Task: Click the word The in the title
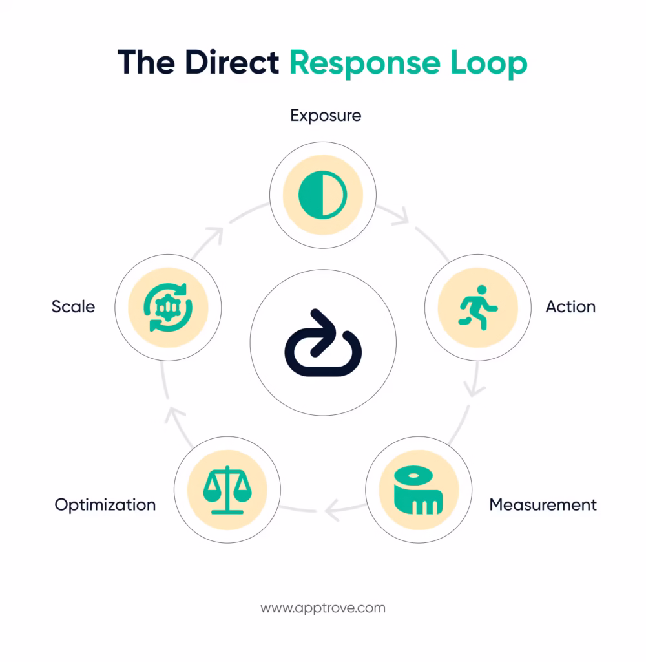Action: pyautogui.click(x=146, y=63)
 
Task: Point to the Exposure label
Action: pyautogui.click(x=326, y=116)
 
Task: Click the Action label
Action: pyautogui.click(x=570, y=306)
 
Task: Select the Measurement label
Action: pyautogui.click(x=543, y=504)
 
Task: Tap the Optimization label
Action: pyautogui.click(x=105, y=504)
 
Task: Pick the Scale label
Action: pyautogui.click(x=73, y=306)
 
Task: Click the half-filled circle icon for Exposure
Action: pyautogui.click(x=323, y=194)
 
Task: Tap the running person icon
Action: pyautogui.click(x=478, y=306)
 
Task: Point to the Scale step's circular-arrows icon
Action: pyautogui.click(x=168, y=306)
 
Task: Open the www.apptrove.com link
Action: pyautogui.click(x=323, y=608)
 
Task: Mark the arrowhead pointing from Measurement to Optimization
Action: pyautogui.click(x=332, y=511)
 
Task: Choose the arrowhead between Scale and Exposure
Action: pyautogui.click(x=216, y=234)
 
